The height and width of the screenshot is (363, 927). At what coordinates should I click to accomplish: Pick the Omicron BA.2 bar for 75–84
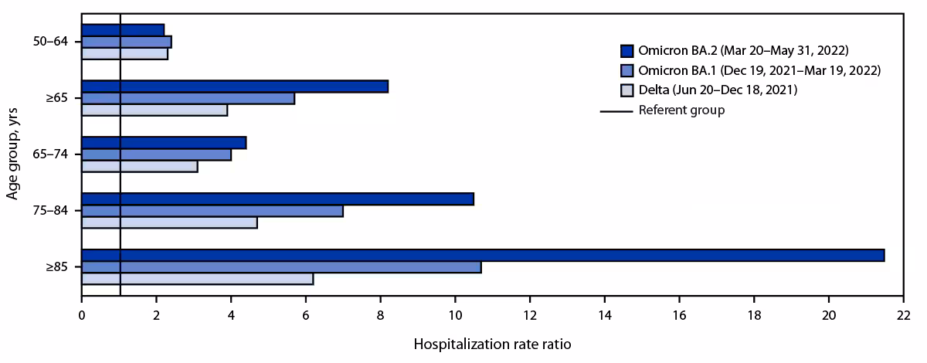pyautogui.click(x=277, y=198)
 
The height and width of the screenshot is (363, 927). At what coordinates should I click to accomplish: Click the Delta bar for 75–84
pyautogui.click(x=169, y=222)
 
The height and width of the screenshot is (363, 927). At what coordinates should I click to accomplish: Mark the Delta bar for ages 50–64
pyautogui.click(x=124, y=54)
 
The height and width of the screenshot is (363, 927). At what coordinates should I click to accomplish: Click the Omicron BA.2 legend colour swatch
pyautogui.click(x=627, y=51)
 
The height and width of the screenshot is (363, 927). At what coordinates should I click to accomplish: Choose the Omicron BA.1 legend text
pyautogui.click(x=759, y=70)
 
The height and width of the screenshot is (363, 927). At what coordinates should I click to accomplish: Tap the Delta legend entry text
pyautogui.click(x=718, y=90)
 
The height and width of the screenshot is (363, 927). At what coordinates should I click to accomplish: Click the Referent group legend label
pyautogui.click(x=681, y=110)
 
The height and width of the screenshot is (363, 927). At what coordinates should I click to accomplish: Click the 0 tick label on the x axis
pyautogui.click(x=81, y=315)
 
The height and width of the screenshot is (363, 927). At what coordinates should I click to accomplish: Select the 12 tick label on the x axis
pyautogui.click(x=529, y=315)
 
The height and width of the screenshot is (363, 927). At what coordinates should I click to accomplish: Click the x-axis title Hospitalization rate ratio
pyautogui.click(x=492, y=344)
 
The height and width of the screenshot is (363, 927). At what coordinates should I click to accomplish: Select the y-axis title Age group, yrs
pyautogui.click(x=13, y=154)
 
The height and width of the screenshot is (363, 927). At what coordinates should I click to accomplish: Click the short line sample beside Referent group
pyautogui.click(x=616, y=110)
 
